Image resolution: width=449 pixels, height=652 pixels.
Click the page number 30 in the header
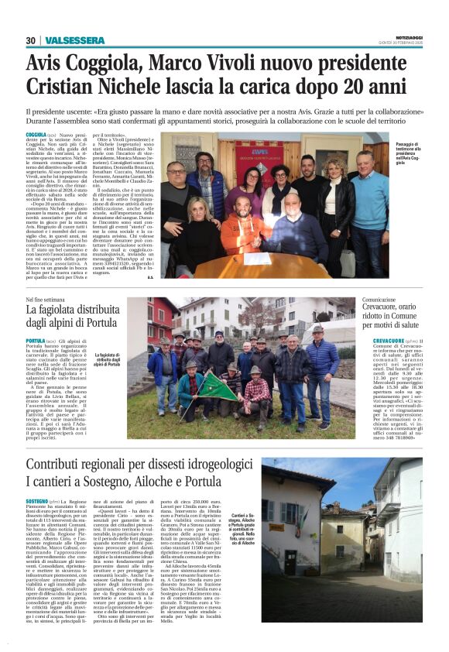click(x=30, y=39)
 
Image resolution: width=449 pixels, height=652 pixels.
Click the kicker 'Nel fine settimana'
click(x=43, y=298)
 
